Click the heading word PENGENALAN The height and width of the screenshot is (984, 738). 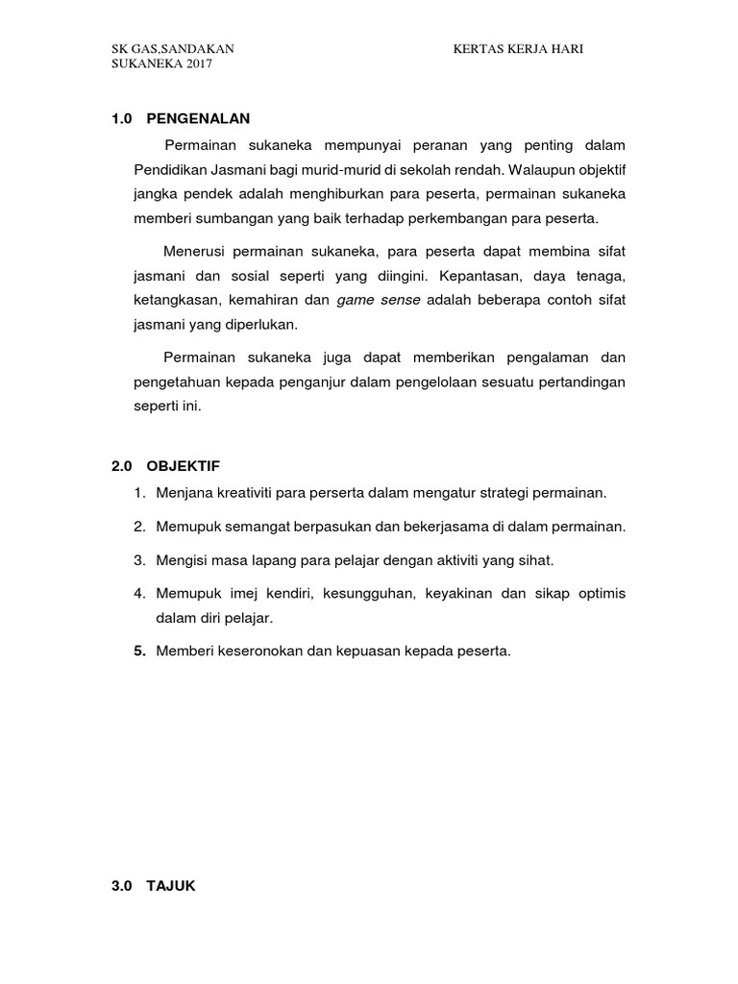(x=198, y=119)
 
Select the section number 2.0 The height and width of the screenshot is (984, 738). (x=121, y=466)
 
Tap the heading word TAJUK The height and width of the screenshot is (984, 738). (x=171, y=887)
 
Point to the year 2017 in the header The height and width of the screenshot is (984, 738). (x=197, y=64)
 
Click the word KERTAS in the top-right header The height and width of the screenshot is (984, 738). (x=478, y=49)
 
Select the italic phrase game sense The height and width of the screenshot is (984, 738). (x=379, y=301)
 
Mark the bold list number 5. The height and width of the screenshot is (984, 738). (x=139, y=651)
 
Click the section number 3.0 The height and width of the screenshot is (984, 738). (x=121, y=887)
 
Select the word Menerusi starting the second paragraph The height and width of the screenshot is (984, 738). (x=196, y=252)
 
